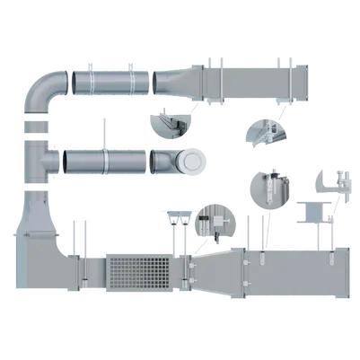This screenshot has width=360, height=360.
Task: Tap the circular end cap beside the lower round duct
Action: [191, 162]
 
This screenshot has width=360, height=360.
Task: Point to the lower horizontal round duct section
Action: [108, 162]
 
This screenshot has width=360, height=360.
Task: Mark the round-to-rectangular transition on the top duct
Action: [183, 79]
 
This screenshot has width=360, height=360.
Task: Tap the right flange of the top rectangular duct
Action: [286, 79]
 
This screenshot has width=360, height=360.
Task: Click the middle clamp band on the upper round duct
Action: [131, 80]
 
